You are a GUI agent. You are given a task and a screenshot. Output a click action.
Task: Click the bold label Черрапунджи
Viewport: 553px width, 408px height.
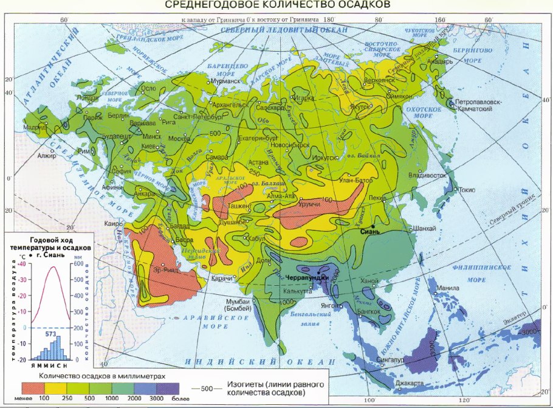[307, 278]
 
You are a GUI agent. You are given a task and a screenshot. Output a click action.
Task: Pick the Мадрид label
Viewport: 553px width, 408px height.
[35, 128]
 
